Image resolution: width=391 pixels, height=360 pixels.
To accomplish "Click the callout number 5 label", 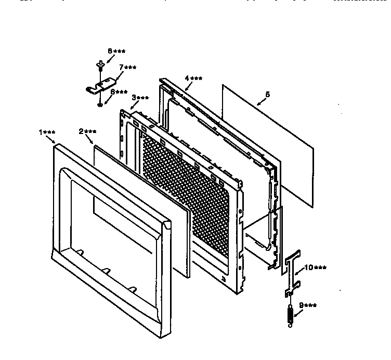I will [x=267, y=95].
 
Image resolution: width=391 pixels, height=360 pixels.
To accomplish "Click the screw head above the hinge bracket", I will [x=99, y=65].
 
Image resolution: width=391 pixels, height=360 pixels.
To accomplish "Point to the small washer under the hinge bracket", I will [x=99, y=105].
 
